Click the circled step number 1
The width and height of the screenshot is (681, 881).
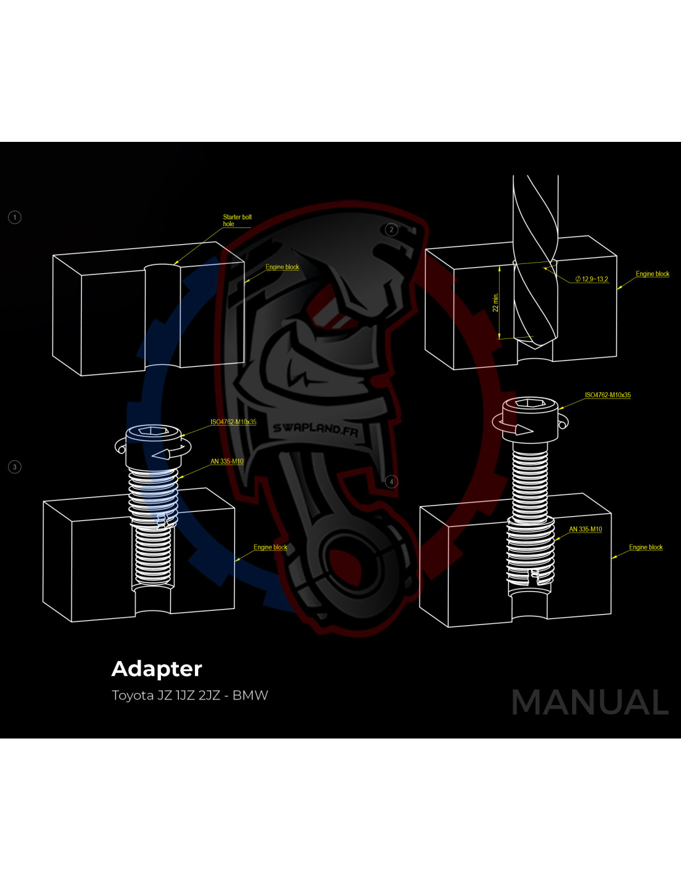15,217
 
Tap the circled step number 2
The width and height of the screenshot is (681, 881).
391,230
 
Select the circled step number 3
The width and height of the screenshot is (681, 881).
15,467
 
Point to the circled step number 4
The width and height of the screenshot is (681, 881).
391,481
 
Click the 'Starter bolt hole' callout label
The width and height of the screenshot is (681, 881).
237,221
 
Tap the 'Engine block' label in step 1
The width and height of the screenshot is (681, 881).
282,267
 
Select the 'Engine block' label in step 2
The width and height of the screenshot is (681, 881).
653,274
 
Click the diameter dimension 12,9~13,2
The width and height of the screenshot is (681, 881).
592,279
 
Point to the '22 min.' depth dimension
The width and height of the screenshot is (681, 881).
495,302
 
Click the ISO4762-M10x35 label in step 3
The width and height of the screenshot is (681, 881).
233,422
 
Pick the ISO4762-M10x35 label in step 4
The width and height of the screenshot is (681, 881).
608,395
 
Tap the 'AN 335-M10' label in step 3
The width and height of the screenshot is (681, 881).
227,462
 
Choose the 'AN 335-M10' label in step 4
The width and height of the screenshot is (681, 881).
586,529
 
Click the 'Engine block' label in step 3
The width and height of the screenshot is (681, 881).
270,547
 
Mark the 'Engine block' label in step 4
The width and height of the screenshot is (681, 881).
646,547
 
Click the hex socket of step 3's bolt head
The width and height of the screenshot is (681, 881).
154,431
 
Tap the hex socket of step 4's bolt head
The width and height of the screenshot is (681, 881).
530,403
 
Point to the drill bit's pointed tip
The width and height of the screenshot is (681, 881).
535,349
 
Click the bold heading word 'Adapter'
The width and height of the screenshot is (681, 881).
157,669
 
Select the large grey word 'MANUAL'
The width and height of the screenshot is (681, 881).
590,702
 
